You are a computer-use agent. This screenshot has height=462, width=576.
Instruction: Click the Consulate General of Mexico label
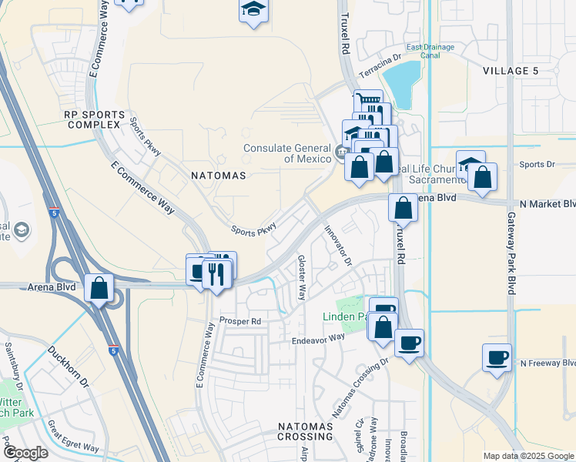[287, 154]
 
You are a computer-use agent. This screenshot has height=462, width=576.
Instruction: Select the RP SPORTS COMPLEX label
[92, 119]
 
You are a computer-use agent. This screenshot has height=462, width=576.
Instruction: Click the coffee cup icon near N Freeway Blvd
[497, 357]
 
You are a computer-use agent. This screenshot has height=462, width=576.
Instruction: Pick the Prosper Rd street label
[240, 320]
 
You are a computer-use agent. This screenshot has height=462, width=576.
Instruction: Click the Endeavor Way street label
[317, 338]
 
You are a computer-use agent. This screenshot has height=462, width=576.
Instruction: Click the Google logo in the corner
[25, 453]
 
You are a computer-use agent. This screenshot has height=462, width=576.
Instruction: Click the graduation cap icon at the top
[252, 10]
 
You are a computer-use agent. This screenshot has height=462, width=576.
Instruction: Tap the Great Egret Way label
[73, 435]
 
